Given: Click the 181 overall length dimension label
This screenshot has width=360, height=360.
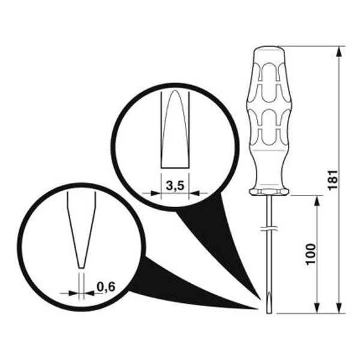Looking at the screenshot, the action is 333,179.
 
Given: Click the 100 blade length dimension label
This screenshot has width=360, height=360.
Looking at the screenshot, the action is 311,254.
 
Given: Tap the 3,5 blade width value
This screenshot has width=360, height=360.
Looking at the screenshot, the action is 175,185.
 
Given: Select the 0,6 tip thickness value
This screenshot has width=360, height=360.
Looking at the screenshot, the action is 106,287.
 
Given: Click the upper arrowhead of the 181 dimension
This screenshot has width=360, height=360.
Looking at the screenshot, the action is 340,52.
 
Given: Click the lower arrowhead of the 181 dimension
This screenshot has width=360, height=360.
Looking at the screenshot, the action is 340,308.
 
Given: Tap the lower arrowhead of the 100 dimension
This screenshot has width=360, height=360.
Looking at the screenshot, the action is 317,308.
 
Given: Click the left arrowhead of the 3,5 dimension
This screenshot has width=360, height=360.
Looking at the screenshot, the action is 155,193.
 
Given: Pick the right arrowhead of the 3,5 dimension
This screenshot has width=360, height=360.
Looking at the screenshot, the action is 194,193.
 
